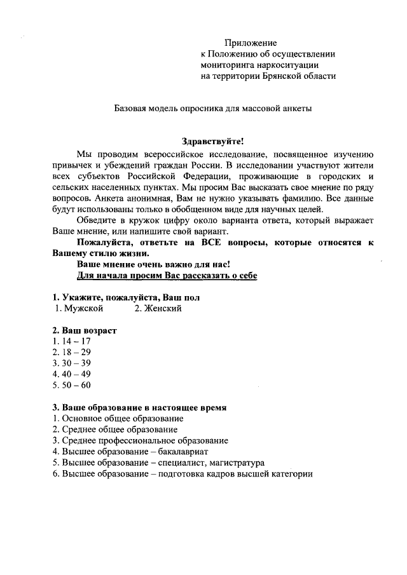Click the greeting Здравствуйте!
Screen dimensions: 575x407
pos(213,142)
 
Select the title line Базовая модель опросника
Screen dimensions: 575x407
pos(213,109)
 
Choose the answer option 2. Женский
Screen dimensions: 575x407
pos(158,309)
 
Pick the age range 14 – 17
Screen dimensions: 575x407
pos(72,341)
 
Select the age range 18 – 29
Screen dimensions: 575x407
pos(72,352)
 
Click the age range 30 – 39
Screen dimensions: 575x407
pos(72,363)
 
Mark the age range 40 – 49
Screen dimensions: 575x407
pos(72,374)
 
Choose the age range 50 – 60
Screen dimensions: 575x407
pos(72,385)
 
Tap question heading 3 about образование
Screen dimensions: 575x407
pos(139,407)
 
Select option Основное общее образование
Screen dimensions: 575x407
pos(118,419)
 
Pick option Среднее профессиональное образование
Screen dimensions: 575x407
pos(140,440)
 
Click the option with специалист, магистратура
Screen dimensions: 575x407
pos(158,463)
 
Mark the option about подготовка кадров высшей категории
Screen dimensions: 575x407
pos(183,474)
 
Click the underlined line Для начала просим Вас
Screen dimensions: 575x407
pos(167,276)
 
